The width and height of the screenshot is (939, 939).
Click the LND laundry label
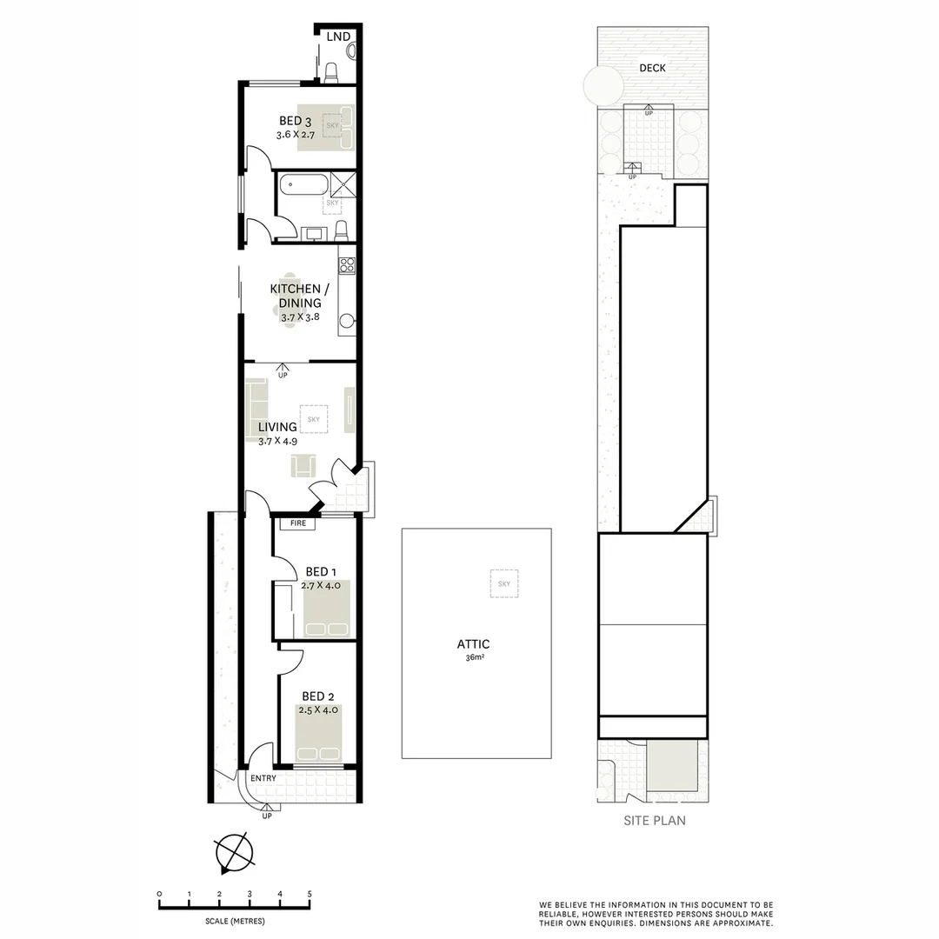point(338,37)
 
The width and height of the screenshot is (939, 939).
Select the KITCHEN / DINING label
point(295,296)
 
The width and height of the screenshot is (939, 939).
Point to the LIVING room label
point(277,427)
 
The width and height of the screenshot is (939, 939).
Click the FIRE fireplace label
point(298,523)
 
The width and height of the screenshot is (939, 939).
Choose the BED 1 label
point(317,571)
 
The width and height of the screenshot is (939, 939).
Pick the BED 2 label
point(317,696)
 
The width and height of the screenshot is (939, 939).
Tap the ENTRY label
point(263,778)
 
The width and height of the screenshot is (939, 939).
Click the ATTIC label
point(474,644)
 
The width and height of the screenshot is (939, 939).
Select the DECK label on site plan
point(652,68)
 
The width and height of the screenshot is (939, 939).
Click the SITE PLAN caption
point(654,820)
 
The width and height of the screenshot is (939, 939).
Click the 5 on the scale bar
point(310,894)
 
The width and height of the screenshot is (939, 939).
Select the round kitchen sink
point(347,323)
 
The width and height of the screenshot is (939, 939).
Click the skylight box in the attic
point(503,583)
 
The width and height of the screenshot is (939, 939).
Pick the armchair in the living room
point(303,466)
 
